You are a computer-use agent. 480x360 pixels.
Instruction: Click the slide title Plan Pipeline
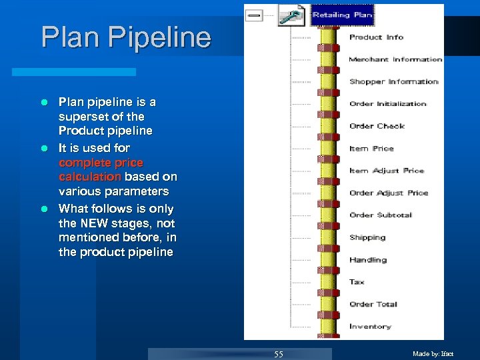click(x=125, y=37)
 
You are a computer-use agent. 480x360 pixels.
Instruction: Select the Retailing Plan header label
click(x=343, y=15)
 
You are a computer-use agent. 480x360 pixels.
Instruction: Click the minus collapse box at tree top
click(x=254, y=15)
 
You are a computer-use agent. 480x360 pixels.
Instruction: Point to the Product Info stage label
click(x=377, y=37)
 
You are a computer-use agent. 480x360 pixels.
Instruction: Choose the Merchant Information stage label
click(x=395, y=59)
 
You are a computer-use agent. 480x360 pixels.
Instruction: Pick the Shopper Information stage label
click(x=393, y=81)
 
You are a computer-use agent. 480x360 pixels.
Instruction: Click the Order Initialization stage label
click(x=387, y=104)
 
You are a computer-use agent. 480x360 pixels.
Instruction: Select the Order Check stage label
click(x=377, y=126)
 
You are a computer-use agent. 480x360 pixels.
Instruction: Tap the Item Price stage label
click(x=371, y=149)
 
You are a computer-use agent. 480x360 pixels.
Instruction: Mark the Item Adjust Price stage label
click(x=387, y=171)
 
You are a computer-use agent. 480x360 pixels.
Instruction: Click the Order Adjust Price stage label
click(x=389, y=193)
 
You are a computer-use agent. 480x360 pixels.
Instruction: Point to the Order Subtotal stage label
click(x=381, y=215)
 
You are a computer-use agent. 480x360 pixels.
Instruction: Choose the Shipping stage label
click(x=367, y=237)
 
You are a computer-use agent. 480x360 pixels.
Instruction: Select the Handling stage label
click(x=367, y=260)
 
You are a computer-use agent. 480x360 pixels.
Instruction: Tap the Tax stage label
click(x=357, y=282)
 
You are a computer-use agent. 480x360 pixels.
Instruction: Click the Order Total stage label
click(x=373, y=304)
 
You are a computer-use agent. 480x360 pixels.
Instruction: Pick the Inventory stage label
click(x=370, y=327)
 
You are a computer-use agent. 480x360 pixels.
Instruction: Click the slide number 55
click(x=279, y=354)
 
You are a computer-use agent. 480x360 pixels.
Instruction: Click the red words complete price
click(x=101, y=162)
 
